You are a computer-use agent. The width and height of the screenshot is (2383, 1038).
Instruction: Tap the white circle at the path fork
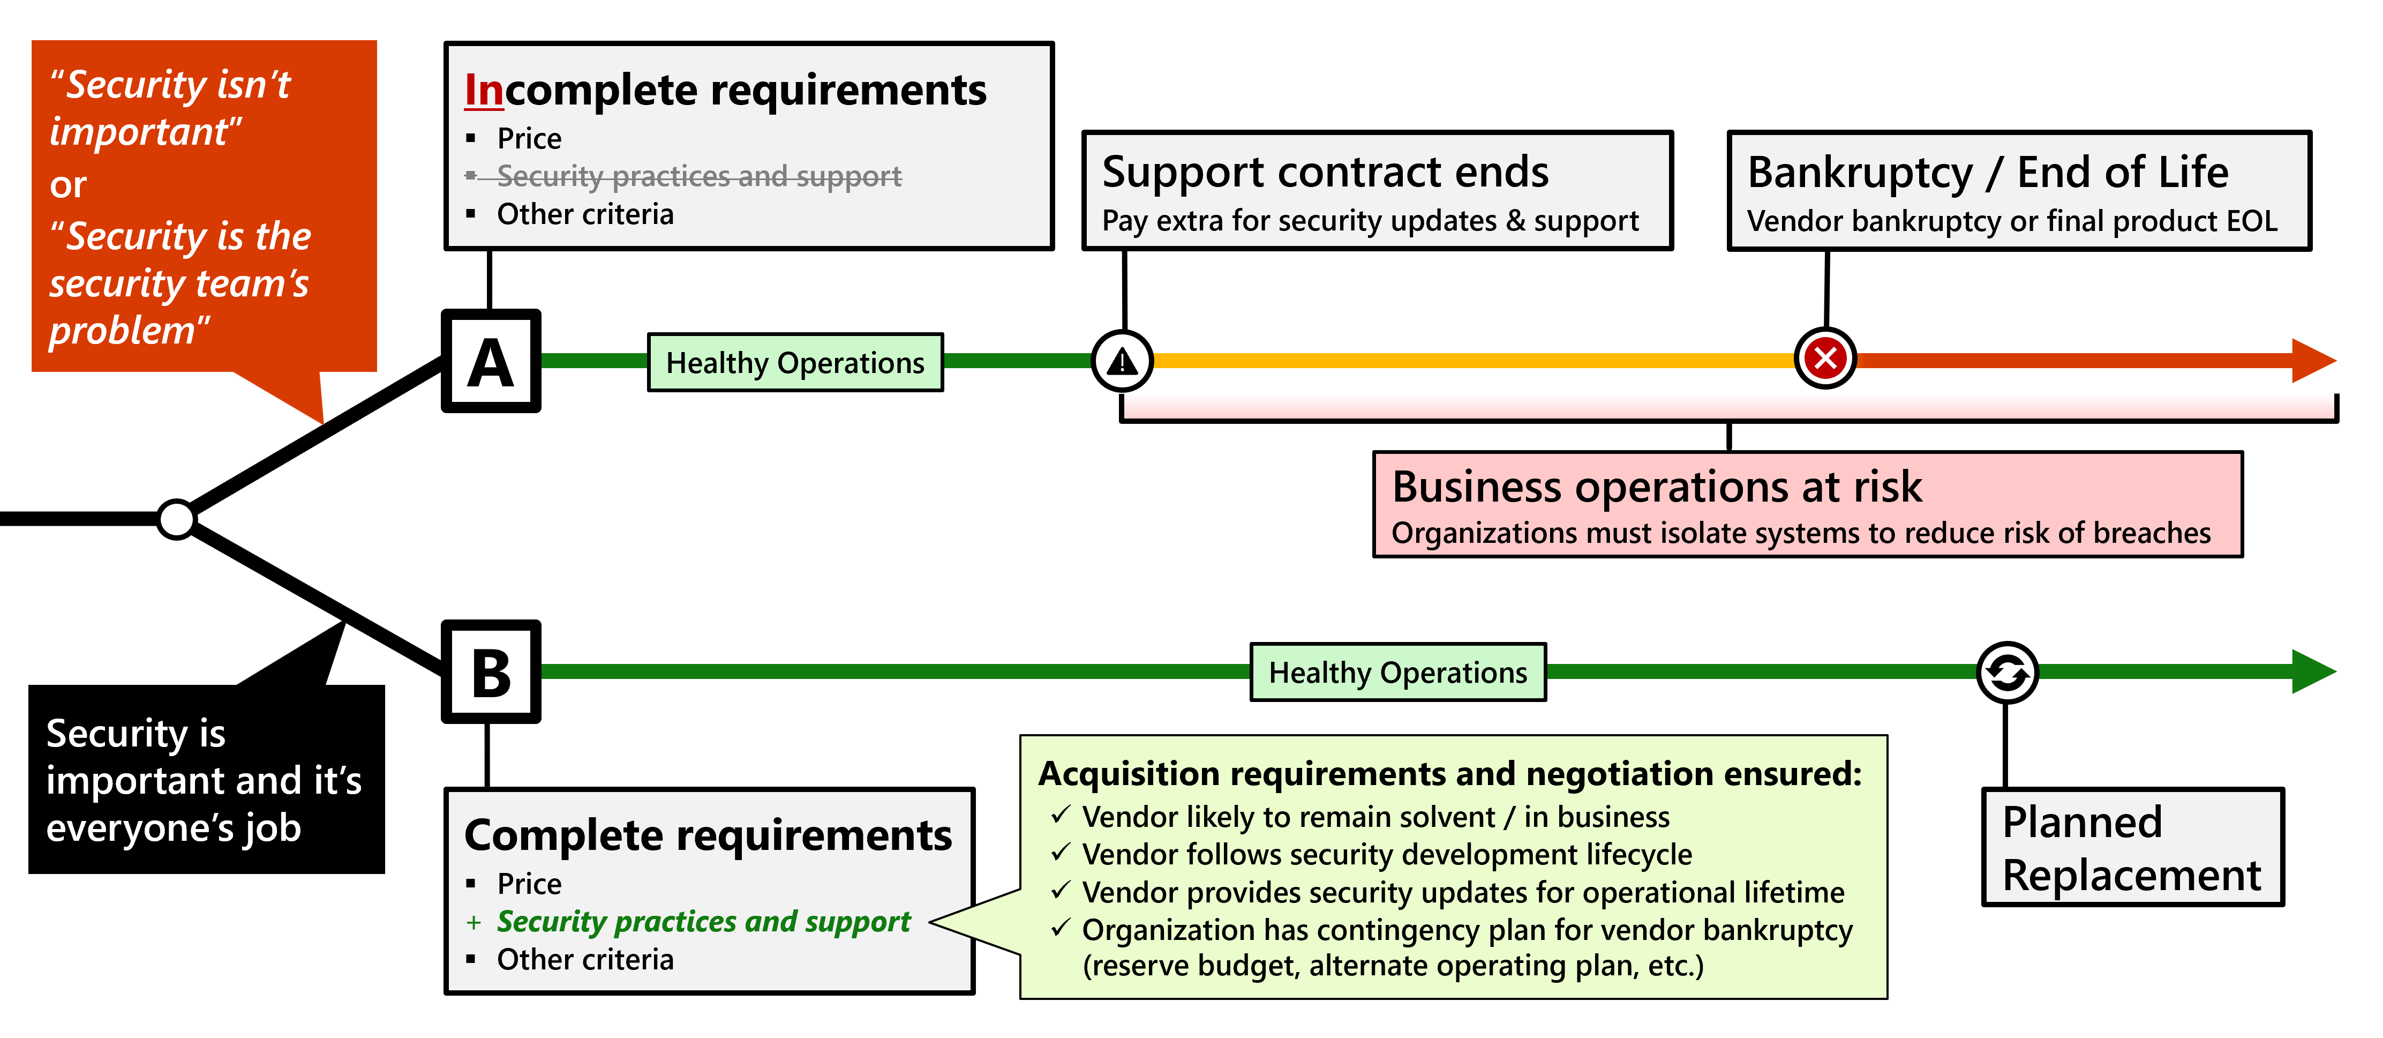click(176, 519)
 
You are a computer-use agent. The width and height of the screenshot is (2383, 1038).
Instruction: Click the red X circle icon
click(1825, 358)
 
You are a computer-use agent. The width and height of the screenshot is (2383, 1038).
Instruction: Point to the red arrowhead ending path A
click(2314, 360)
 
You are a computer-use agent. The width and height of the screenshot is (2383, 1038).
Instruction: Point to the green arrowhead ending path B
click(2314, 671)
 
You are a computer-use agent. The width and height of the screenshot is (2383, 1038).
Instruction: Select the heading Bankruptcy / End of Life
click(1988, 172)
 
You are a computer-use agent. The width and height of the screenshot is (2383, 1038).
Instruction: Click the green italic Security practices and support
click(703, 921)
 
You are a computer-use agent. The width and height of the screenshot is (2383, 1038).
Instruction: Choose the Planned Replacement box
click(2132, 847)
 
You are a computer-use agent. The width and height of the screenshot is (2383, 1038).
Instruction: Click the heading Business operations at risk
click(1657, 487)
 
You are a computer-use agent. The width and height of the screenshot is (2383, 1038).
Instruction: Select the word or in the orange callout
click(67, 185)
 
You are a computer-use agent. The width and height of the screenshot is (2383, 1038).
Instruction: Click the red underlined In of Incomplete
click(484, 89)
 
